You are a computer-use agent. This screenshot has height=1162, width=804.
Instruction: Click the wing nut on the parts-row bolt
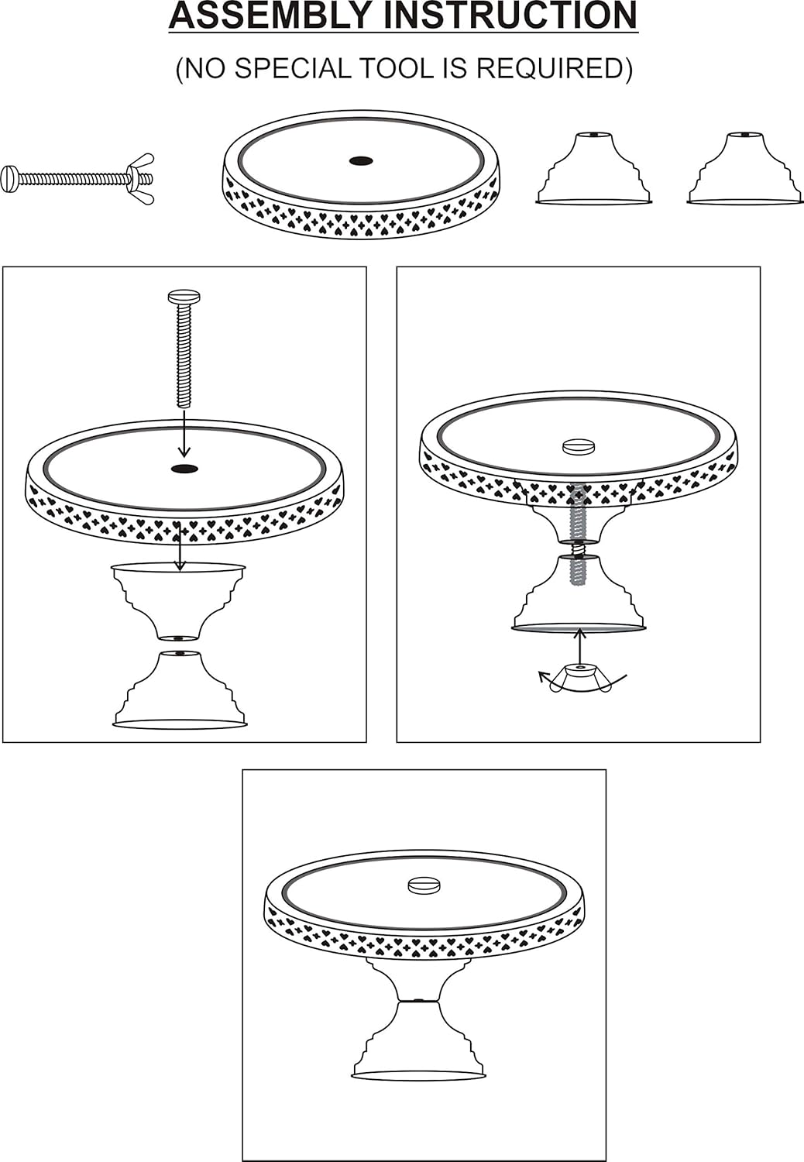pyautogui.click(x=142, y=178)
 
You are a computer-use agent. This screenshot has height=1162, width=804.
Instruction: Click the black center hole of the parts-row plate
pyautogui.click(x=361, y=161)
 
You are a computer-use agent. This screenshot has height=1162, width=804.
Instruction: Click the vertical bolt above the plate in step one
pyautogui.click(x=184, y=349)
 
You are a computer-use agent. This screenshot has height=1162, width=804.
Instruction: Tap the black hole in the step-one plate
pyautogui.click(x=184, y=469)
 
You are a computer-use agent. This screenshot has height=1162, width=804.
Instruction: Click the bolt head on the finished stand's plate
pyautogui.click(x=423, y=885)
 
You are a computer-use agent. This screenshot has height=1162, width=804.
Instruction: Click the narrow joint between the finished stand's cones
pyautogui.click(x=418, y=1001)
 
